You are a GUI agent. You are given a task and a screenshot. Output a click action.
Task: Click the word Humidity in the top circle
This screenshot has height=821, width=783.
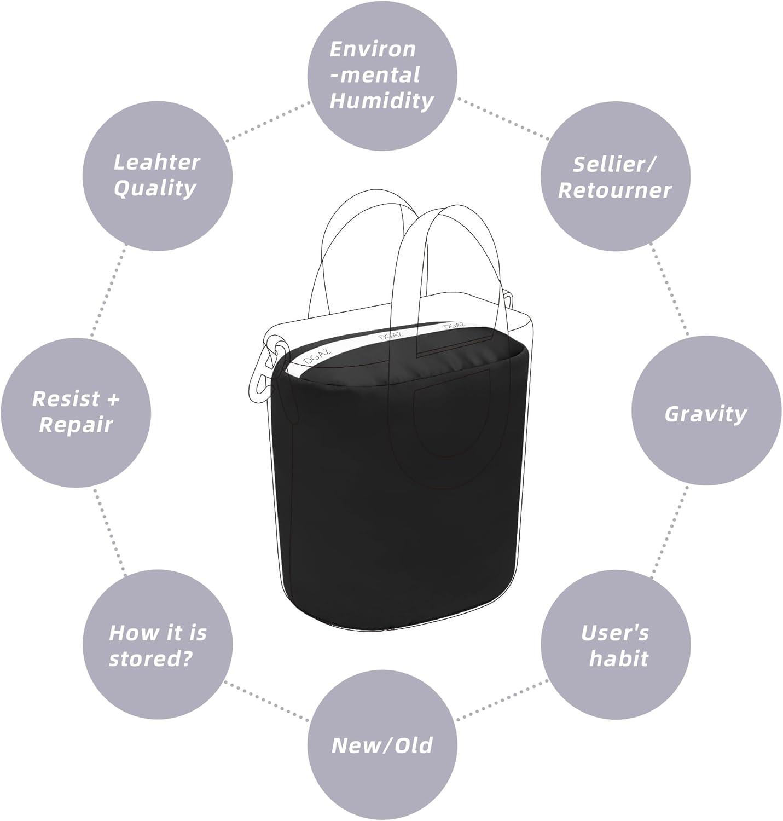(x=381, y=101)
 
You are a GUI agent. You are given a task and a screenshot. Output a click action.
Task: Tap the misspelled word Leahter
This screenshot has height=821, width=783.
(x=156, y=162)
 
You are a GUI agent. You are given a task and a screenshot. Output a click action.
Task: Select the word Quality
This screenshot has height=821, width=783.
(x=155, y=188)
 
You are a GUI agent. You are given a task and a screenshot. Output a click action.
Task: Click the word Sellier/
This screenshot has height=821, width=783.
(x=614, y=164)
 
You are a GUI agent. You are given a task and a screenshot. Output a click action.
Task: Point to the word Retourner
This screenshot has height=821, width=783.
(x=614, y=190)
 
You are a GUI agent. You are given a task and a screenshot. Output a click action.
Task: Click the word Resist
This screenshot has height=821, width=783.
(x=66, y=399)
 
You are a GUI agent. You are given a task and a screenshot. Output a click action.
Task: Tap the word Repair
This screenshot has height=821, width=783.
(x=76, y=425)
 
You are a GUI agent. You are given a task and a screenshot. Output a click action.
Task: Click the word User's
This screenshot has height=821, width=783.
(x=615, y=633)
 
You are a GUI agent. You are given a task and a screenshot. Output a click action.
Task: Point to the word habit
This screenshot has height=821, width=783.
(x=618, y=659)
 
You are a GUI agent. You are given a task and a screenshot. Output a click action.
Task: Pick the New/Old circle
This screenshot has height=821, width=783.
(x=382, y=745)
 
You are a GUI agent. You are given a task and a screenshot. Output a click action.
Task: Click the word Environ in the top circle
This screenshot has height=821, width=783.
(x=373, y=49)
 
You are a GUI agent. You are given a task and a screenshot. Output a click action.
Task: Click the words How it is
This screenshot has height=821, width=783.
(x=158, y=633)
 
